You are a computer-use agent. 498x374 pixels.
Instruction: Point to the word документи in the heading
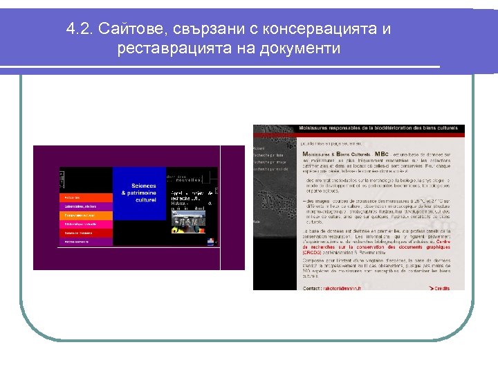(302, 48)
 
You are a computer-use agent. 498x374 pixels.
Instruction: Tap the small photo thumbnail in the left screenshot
(188, 221)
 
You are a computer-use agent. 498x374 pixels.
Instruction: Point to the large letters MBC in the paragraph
(382, 154)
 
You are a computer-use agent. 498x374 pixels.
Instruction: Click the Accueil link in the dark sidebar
(259, 148)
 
